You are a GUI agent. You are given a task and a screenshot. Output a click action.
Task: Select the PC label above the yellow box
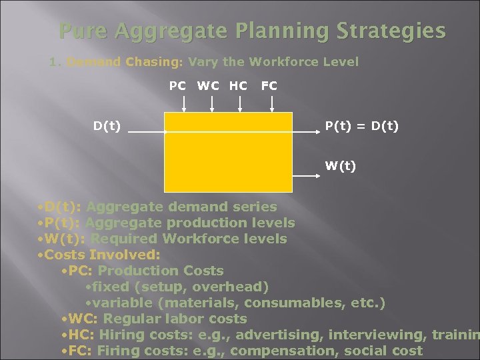pos(177,85)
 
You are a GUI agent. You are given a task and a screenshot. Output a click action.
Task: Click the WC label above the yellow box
pos(208,85)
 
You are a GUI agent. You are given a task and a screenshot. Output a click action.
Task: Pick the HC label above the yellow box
pos(237,85)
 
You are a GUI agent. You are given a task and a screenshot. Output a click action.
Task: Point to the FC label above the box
pos(269,85)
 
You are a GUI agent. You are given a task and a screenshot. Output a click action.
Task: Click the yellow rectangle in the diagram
pos(229,152)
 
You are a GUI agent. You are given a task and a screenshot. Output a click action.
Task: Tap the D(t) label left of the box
pos(107,125)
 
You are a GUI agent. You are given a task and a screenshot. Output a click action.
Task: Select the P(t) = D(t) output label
pos(362,125)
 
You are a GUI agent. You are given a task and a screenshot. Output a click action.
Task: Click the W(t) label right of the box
pos(341,165)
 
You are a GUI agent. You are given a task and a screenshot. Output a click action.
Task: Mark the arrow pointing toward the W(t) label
pos(306,175)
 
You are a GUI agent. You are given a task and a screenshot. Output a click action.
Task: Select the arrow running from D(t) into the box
pos(145,133)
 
